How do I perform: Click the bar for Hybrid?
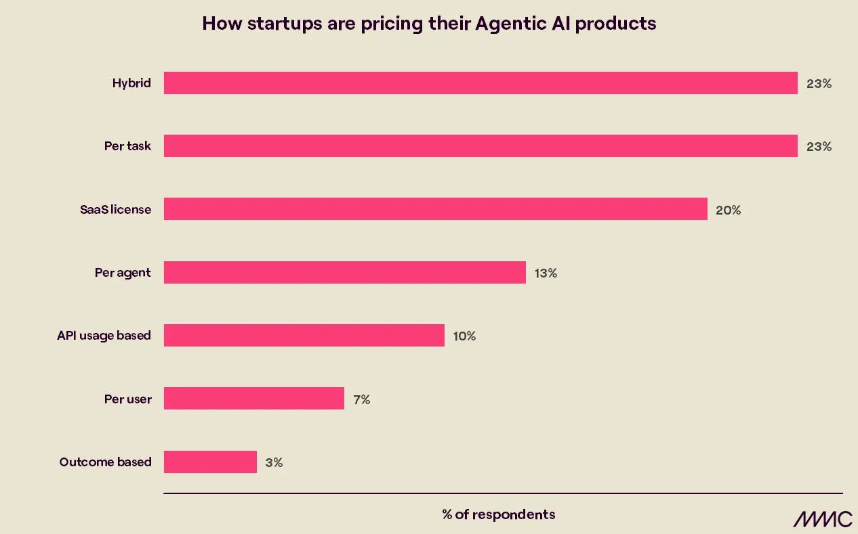480,83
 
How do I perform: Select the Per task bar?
480,146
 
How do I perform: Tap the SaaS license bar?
435,209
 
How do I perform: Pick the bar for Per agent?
344,273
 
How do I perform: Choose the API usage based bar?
304,336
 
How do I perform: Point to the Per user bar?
253,399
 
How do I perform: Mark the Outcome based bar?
210,462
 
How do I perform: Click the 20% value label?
728,210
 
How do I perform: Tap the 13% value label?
546,273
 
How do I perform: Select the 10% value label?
464,336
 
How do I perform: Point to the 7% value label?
361,400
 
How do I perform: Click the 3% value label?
274,463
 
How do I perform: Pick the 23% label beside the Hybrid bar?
819,85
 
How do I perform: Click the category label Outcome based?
105,462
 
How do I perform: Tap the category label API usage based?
104,336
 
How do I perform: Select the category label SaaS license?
115,210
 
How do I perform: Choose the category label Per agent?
123,273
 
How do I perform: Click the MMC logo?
823,519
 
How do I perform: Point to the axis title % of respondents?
498,514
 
